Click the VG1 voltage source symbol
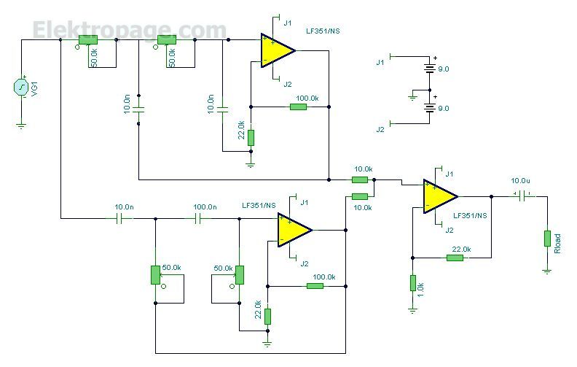21,87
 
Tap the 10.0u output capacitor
522,196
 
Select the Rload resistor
547,239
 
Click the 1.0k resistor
413,283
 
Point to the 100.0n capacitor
198,219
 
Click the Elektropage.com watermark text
130,30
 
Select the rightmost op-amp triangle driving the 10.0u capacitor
441,196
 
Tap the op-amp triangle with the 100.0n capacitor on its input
295,230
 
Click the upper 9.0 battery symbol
429,68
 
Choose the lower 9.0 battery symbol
429,108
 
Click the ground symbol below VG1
21,126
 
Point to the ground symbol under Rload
547,271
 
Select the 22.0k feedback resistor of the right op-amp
455,258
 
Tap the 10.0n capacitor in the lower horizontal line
119,219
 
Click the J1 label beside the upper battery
380,62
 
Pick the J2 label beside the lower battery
380,129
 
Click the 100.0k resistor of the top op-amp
298,107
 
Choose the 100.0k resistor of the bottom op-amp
315,285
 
